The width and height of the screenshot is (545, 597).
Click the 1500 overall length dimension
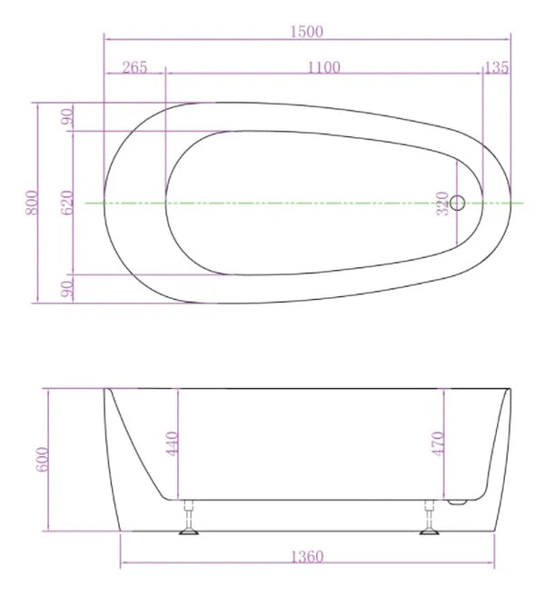point(306,31)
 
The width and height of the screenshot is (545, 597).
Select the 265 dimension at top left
point(134,66)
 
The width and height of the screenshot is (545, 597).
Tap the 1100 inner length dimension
point(323,66)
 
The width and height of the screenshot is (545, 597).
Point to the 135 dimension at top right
point(497,66)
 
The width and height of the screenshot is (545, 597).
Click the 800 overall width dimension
point(31,204)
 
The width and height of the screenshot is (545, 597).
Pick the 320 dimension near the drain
point(442,203)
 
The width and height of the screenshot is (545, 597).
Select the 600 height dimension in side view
point(43,460)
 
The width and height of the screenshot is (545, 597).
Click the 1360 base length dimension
point(307,556)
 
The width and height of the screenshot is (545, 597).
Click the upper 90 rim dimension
point(66,117)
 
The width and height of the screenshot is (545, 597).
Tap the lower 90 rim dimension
point(66,289)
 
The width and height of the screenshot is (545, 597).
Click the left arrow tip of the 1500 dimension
point(105,39)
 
